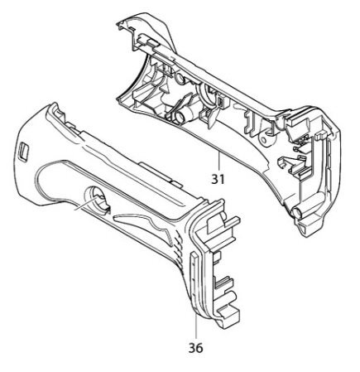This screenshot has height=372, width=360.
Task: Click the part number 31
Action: [x=218, y=179]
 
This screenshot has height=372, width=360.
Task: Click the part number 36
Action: [x=195, y=348]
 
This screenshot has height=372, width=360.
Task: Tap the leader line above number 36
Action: [x=196, y=326]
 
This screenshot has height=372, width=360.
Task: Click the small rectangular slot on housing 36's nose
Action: [x=23, y=152]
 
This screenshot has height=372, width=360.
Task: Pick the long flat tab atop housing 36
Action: [x=160, y=174]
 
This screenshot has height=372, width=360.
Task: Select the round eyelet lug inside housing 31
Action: [x=265, y=138]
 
